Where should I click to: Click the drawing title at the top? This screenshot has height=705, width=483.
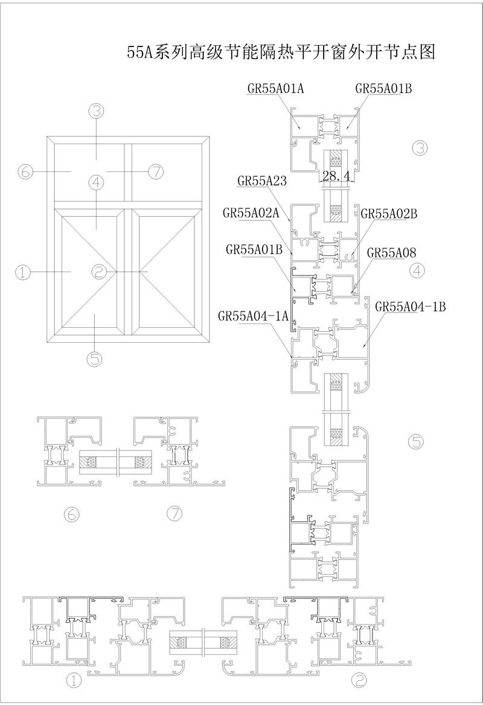pyautogui.click(x=281, y=52)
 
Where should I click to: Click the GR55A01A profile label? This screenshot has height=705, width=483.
pyautogui.click(x=276, y=88)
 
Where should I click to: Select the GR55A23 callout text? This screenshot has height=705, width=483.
pyautogui.click(x=262, y=181)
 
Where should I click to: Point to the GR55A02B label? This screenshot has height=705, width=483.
pyautogui.click(x=389, y=214)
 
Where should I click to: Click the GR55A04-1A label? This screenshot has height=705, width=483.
pyautogui.click(x=253, y=316)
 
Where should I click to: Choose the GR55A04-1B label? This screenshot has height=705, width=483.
pyautogui.click(x=410, y=307)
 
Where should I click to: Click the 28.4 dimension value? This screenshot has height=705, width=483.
pyautogui.click(x=336, y=176)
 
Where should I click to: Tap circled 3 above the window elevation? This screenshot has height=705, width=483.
pyautogui.click(x=96, y=110)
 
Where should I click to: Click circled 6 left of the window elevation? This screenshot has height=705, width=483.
pyautogui.click(x=25, y=171)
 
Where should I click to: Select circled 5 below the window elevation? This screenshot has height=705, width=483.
pyautogui.click(x=95, y=359)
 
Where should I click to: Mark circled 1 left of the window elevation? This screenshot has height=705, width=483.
pyautogui.click(x=24, y=272)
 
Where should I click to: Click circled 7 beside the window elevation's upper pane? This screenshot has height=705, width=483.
pyautogui.click(x=156, y=171)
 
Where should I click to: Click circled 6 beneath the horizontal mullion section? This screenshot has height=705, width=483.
pyautogui.click(x=72, y=514)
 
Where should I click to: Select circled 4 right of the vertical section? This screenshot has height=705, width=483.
pyautogui.click(x=417, y=270)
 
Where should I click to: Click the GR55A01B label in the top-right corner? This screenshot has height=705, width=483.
pyautogui.click(x=383, y=88)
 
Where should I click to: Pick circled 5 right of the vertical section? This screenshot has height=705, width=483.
pyautogui.click(x=416, y=441)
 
